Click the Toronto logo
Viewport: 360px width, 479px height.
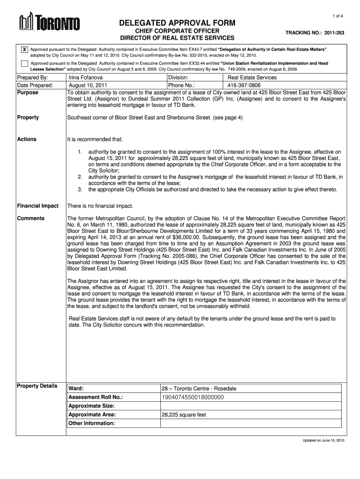click(49, 22)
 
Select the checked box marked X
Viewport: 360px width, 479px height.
click(24, 50)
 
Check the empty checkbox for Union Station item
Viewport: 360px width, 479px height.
click(24, 65)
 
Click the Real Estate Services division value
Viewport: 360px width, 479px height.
click(252, 78)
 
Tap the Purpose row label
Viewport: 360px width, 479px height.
click(28, 93)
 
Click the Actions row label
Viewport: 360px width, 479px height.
click(27, 139)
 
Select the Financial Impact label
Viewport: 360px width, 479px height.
click(38, 206)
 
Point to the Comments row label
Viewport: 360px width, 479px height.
click(31, 218)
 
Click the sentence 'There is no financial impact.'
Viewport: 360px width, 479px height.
click(101, 206)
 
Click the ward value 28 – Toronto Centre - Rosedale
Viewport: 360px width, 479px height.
click(199, 389)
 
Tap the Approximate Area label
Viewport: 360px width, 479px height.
click(92, 415)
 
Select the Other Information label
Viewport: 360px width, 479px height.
click(92, 423)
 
